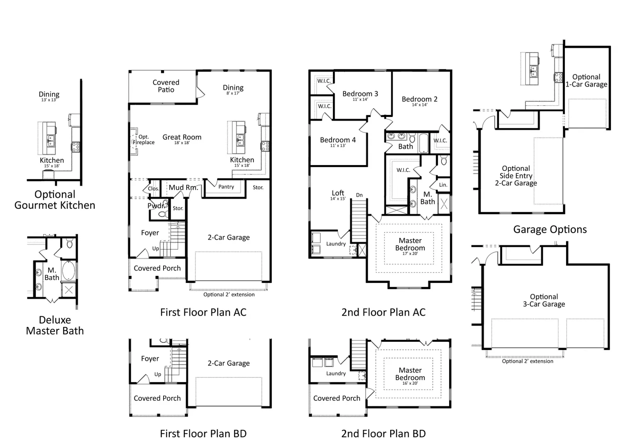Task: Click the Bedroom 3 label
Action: click(360, 94)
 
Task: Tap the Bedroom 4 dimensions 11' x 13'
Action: click(338, 146)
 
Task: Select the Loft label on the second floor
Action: click(338, 193)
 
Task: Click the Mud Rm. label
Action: click(183, 187)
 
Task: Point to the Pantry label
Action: click(226, 187)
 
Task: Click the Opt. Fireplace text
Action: click(144, 139)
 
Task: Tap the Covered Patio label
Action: click(166, 86)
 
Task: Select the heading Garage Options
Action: click(550, 229)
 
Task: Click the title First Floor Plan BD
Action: click(203, 433)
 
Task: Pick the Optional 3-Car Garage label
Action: click(544, 300)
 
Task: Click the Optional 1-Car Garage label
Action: click(586, 80)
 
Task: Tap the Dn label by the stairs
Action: click(359, 195)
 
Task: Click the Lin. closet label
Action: click(443, 185)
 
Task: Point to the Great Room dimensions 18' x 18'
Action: click(182, 143)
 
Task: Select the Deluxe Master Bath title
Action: click(55, 325)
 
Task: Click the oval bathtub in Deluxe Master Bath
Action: click(68, 271)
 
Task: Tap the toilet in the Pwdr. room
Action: click(163, 214)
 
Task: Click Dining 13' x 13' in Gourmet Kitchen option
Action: click(49, 96)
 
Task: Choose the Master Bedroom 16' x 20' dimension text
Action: click(410, 383)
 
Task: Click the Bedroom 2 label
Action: click(419, 99)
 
